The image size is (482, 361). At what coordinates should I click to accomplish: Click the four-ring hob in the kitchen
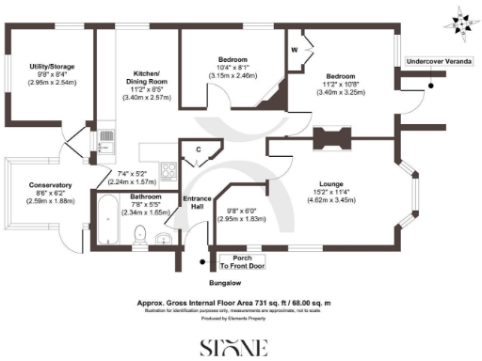pos(169,170)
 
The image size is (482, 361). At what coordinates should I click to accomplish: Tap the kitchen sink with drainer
pos(105,144)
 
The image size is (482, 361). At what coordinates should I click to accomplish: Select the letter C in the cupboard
pos(198,150)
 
